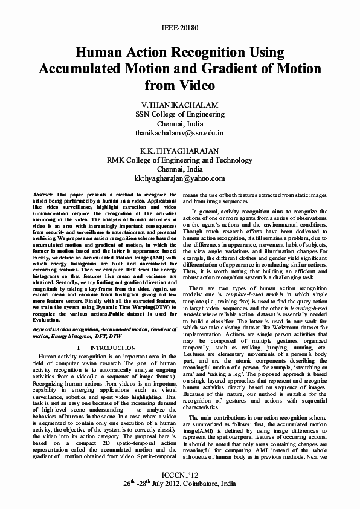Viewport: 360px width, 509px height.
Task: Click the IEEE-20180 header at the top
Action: [x=179, y=28]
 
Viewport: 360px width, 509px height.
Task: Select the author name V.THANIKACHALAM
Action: [x=179, y=104]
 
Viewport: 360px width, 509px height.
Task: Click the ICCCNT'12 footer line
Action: [x=179, y=475]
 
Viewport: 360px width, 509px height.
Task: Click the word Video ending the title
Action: [x=194, y=85]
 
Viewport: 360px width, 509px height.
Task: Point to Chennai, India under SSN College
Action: [x=179, y=122]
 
